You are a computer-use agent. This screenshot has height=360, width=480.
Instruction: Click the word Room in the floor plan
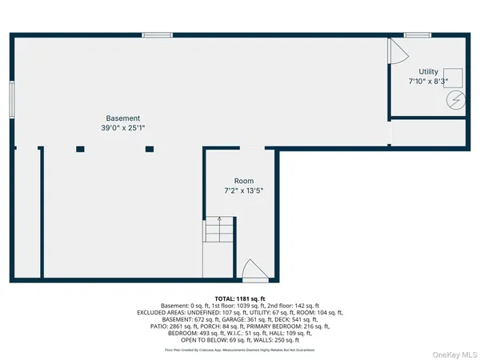coord(243,181)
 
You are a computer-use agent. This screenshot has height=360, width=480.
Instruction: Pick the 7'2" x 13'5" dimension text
coord(243,190)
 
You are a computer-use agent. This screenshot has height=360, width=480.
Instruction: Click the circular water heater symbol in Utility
coord(455,102)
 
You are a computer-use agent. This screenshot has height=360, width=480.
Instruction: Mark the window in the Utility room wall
coord(417,34)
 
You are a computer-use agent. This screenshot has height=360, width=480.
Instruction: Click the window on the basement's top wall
coord(158,34)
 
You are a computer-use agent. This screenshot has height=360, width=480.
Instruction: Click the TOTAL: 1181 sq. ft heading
coord(240,298)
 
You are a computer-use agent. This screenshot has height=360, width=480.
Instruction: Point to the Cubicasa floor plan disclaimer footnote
coord(240,350)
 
